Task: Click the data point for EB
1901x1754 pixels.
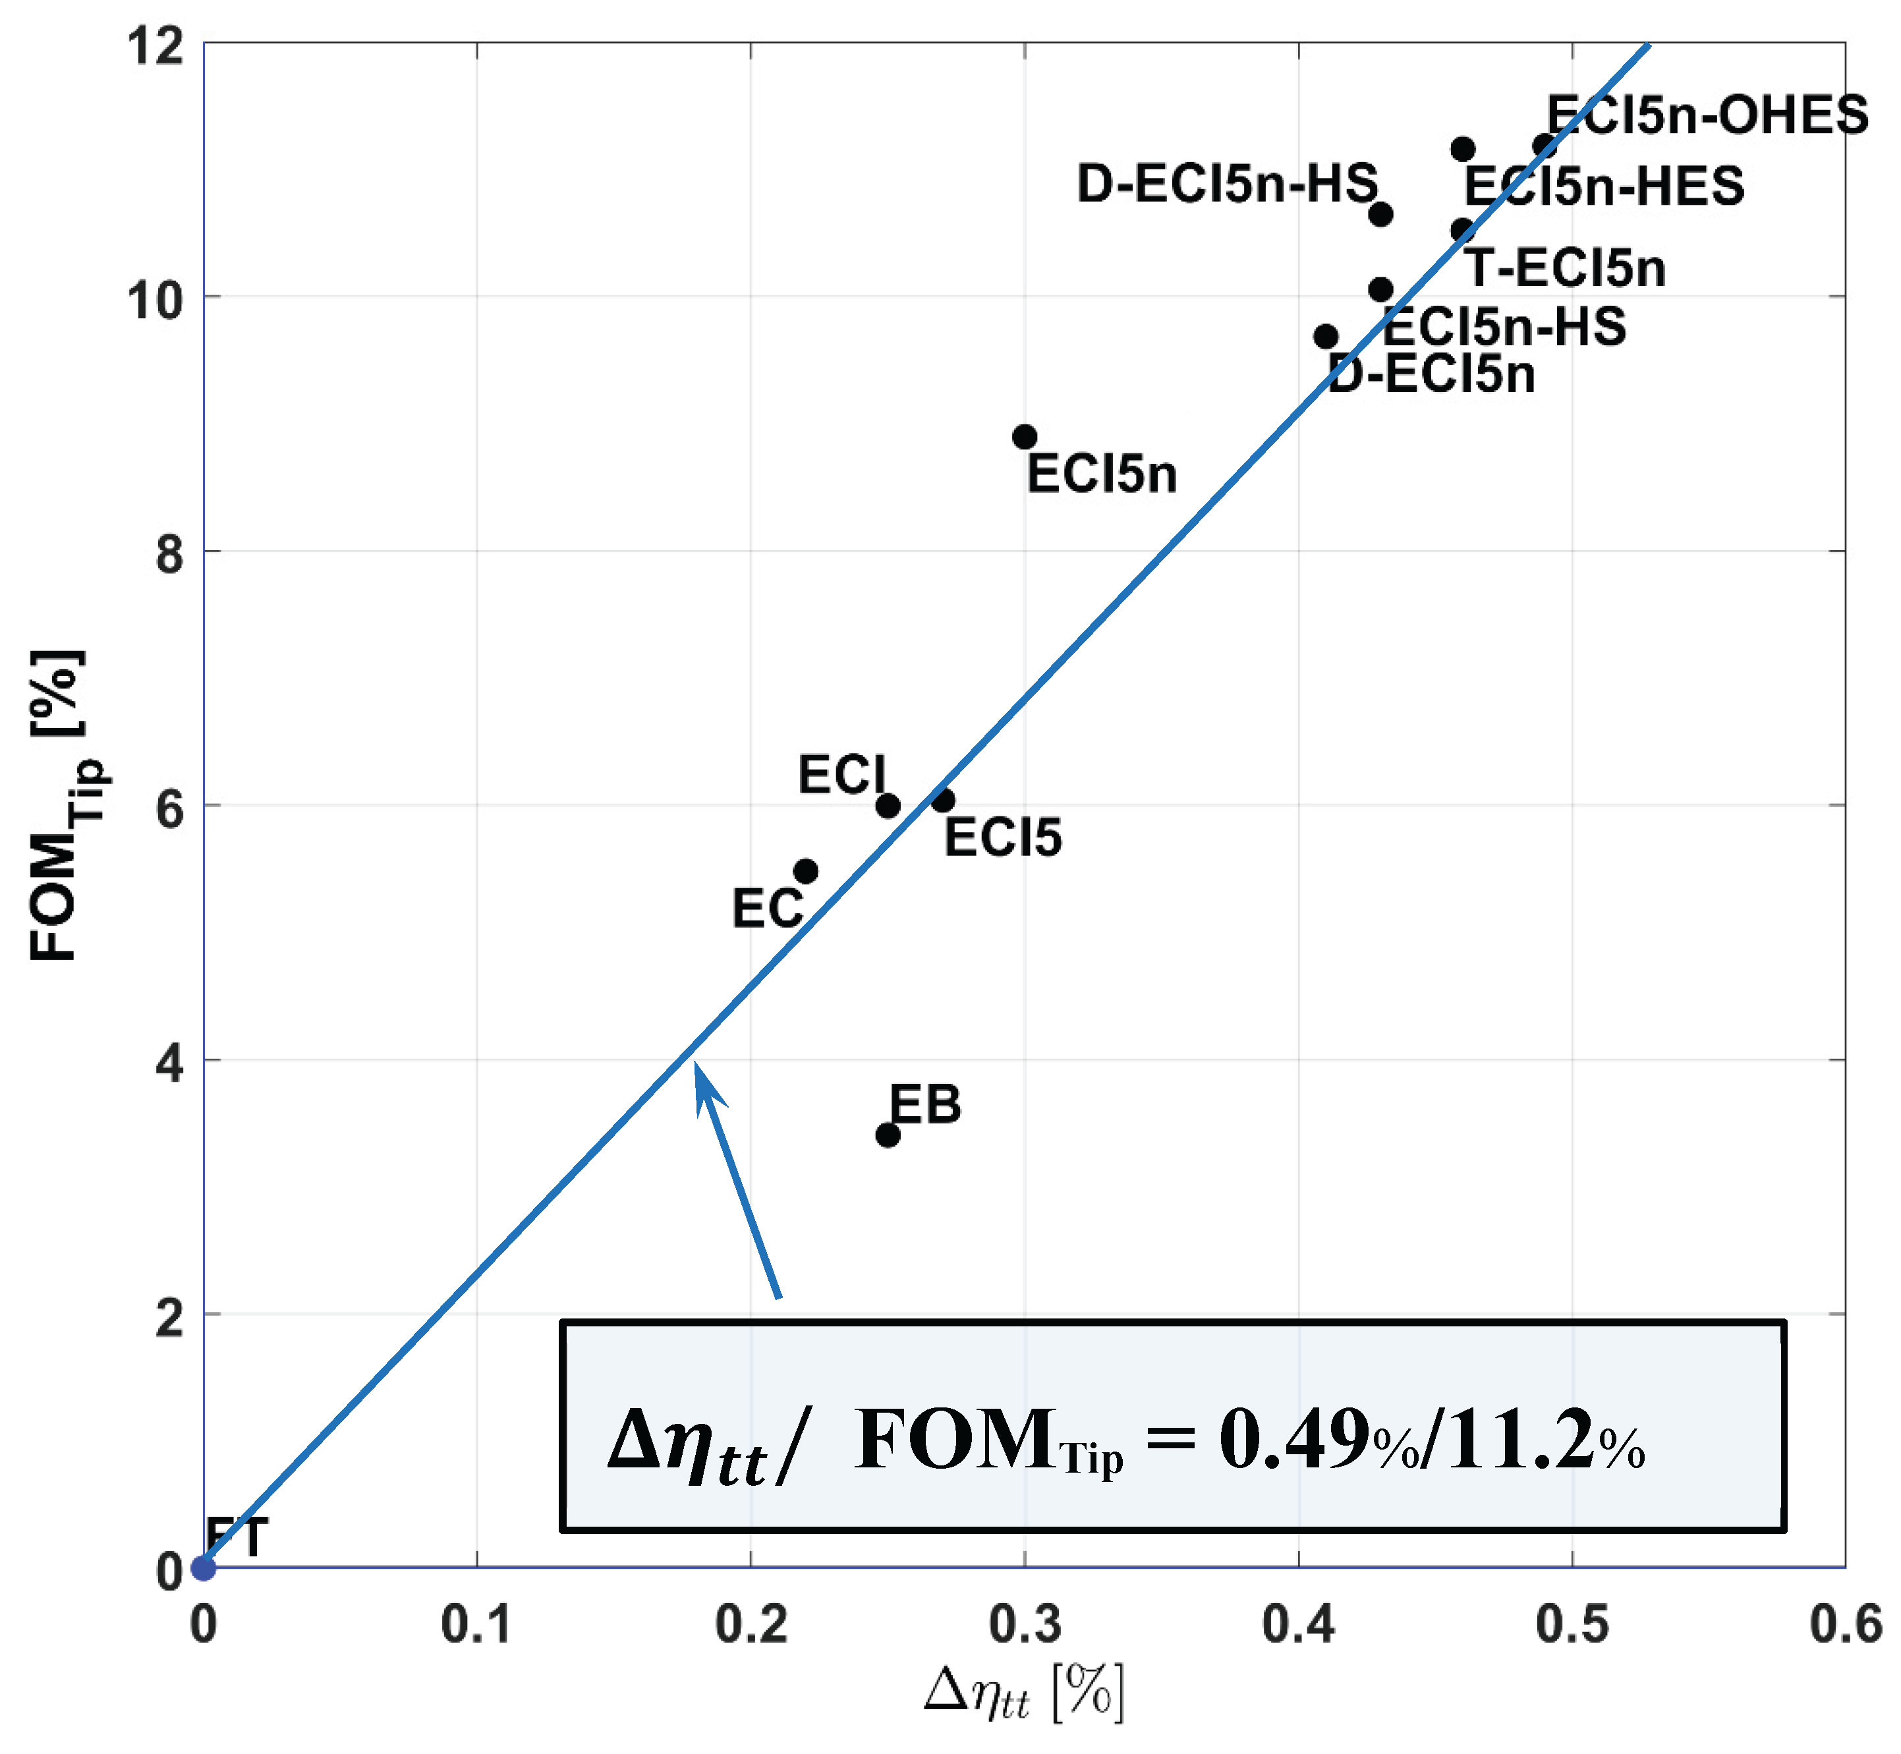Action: [x=888, y=1135]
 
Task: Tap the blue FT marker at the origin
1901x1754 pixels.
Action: [x=203, y=1568]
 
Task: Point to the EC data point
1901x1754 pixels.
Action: [x=806, y=871]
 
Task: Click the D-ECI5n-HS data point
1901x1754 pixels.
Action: [x=1381, y=215]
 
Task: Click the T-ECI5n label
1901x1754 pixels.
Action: [x=1566, y=269]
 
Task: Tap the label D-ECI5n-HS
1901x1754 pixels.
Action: [x=1226, y=183]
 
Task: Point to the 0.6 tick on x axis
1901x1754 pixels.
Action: [x=1845, y=1624]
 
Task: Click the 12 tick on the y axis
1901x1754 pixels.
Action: [x=157, y=45]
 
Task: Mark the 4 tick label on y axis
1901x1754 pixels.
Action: [x=170, y=1063]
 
